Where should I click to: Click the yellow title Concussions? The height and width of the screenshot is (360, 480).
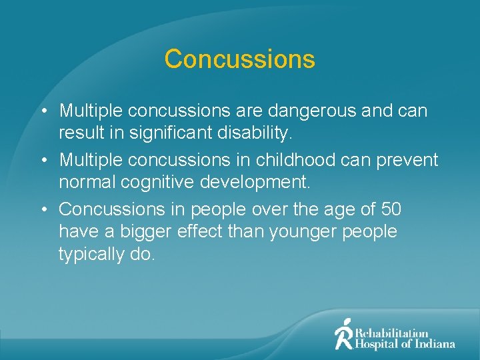[239, 59]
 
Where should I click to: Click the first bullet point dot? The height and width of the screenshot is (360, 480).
[43, 111]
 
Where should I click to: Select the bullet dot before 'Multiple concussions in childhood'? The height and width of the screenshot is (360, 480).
[43, 161]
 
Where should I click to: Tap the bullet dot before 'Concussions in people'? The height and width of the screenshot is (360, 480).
[43, 209]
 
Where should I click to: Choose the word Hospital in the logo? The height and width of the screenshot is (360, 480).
[376, 344]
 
